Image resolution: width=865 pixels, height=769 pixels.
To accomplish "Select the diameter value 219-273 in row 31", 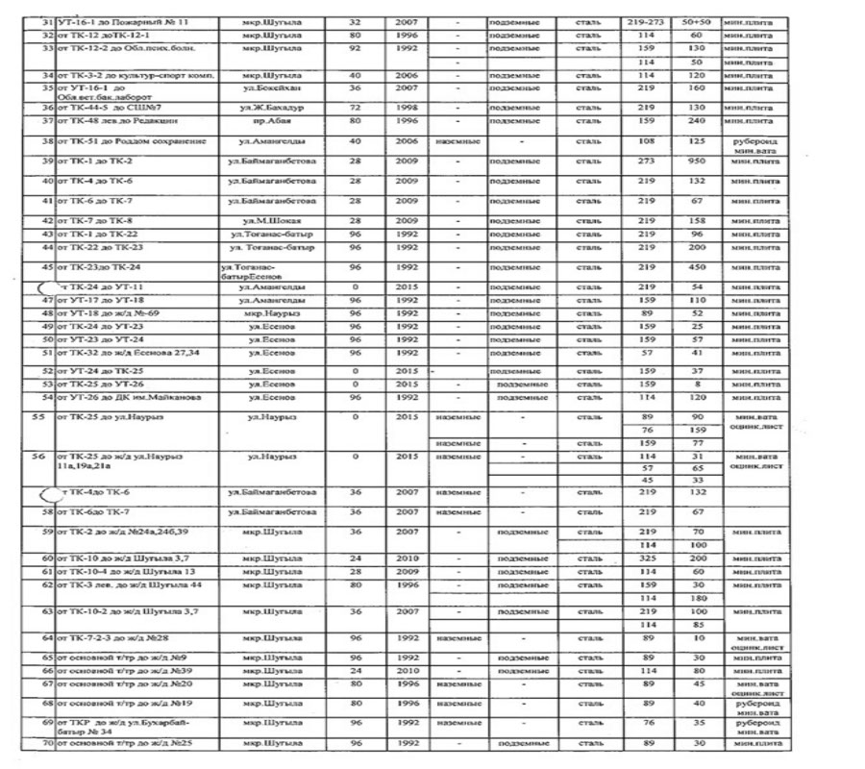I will [646, 20].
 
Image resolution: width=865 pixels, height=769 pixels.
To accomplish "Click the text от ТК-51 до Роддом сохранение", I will [132, 141].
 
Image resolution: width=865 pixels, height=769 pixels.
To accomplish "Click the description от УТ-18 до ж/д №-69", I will [108, 313].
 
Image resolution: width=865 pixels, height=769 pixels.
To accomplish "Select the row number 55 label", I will [40, 418].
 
